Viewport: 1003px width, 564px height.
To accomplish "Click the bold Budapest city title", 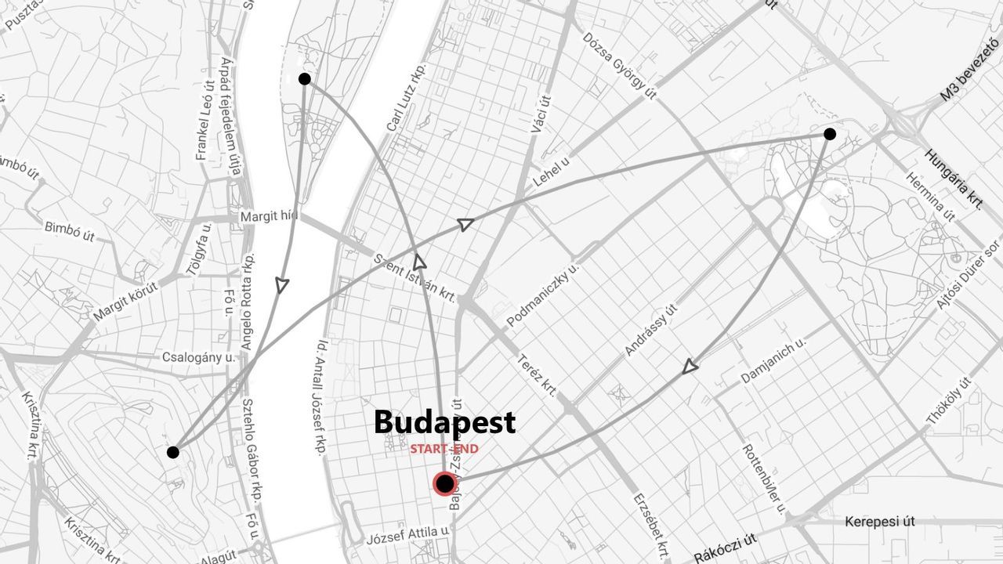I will (444, 422).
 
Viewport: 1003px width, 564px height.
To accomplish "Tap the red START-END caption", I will (444, 449).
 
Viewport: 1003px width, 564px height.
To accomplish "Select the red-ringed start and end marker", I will (444, 484).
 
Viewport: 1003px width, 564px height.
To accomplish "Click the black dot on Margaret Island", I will (305, 79).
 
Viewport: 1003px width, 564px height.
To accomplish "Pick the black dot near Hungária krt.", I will (830, 134).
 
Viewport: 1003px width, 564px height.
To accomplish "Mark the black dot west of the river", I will (173, 452).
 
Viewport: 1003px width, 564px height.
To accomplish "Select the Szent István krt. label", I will (415, 277).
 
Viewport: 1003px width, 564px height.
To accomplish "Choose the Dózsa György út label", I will (619, 66).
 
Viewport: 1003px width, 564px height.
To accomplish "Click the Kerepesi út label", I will (880, 522).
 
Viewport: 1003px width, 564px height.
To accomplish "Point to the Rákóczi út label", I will (725, 548).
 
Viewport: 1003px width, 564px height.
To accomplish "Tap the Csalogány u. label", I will (198, 358).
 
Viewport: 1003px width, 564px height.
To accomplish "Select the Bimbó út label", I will (70, 232).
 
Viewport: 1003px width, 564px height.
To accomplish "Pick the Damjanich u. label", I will (773, 360).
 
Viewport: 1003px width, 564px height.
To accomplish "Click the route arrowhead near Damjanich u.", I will (690, 366).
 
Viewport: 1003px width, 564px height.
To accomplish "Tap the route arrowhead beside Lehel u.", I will (465, 225).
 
